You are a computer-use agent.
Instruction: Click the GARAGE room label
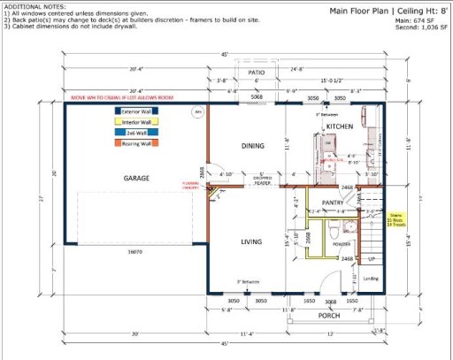coord(135,178)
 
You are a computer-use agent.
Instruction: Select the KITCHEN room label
coord(339,126)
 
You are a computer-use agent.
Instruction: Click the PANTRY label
coord(333,203)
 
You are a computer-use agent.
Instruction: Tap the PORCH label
coord(329,316)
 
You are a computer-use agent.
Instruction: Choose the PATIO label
coord(257,73)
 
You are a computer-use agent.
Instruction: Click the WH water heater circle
coord(199,112)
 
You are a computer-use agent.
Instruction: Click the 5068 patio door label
coord(256,97)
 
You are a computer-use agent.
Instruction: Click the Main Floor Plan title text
coord(363,11)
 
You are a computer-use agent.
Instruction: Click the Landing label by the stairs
coord(370,279)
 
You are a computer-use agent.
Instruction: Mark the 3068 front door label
coord(331,302)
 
